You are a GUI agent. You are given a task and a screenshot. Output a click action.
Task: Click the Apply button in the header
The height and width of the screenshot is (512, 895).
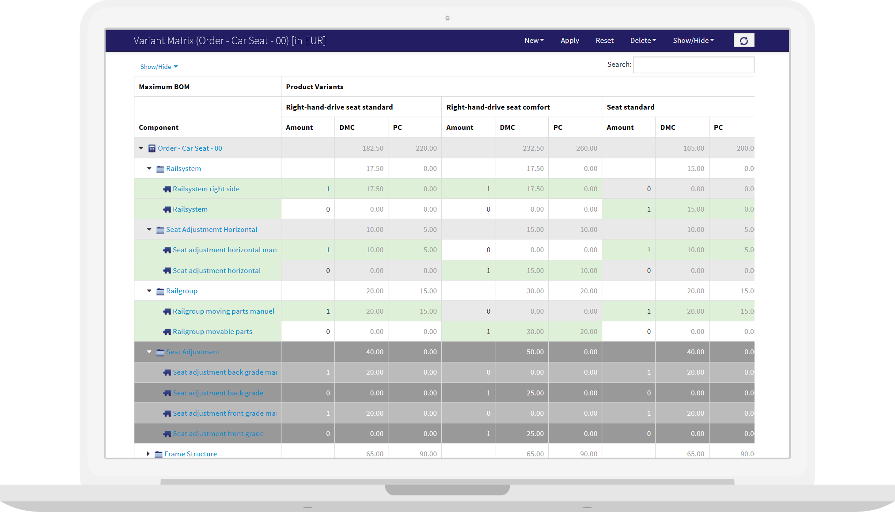click(569, 40)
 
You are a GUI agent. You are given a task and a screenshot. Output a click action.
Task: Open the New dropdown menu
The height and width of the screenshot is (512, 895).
click(534, 40)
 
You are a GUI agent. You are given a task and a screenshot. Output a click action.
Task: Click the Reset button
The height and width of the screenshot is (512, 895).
click(604, 40)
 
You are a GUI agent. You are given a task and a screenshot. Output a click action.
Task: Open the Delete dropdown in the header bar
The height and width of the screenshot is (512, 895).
click(643, 40)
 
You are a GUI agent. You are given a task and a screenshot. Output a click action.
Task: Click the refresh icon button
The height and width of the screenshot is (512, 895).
click(743, 41)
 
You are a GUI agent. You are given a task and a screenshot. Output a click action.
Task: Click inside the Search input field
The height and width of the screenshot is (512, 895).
click(693, 65)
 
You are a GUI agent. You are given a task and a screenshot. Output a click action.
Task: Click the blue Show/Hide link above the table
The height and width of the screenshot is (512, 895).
click(159, 67)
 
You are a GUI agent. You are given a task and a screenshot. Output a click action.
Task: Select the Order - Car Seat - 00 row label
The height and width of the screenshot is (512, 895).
click(190, 148)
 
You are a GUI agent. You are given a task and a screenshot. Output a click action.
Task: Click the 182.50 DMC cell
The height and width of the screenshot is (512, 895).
click(372, 148)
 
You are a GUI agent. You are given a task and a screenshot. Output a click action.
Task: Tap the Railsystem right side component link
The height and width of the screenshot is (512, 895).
click(206, 189)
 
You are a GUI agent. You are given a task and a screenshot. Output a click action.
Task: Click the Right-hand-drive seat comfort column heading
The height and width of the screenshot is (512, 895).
click(498, 107)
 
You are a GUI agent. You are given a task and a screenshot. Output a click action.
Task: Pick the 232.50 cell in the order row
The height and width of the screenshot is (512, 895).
click(533, 148)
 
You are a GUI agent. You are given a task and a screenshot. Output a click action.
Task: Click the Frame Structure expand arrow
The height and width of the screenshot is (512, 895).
click(148, 454)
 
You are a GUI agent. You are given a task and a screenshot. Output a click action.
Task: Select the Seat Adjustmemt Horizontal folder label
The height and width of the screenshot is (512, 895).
click(211, 230)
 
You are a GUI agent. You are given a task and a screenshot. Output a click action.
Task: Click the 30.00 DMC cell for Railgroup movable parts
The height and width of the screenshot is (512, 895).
click(535, 332)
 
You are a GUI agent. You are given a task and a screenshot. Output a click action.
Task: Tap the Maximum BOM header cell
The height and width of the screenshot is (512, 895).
click(164, 87)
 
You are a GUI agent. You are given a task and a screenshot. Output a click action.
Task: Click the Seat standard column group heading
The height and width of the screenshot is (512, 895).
click(630, 107)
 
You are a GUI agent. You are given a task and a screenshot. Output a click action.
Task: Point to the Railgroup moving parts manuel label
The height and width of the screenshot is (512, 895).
click(223, 311)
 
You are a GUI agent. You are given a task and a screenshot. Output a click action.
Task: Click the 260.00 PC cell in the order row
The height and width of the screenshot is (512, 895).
click(586, 148)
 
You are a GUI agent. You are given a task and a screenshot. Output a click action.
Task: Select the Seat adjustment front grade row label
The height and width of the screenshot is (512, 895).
click(218, 434)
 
